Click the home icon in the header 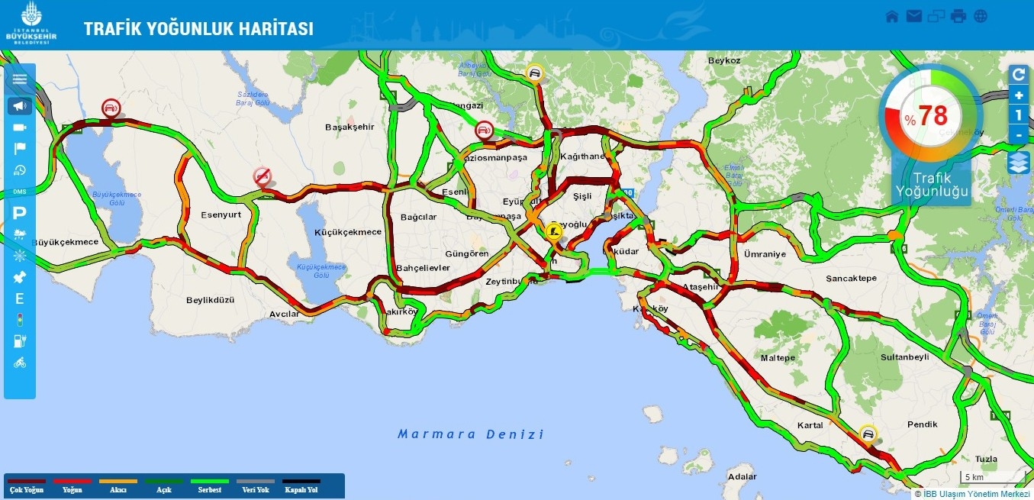[x=892, y=16]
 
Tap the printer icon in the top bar [x=958, y=16]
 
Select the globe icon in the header [x=981, y=16]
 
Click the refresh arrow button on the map [x=1019, y=74]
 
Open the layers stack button [x=1019, y=163]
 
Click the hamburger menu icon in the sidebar [x=20, y=79]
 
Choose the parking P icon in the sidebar [x=20, y=214]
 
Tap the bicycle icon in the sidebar [x=20, y=363]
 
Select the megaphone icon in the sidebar [x=20, y=106]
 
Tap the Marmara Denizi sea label [x=471, y=434]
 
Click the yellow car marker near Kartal [x=867, y=434]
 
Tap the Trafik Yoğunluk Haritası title [x=198, y=29]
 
